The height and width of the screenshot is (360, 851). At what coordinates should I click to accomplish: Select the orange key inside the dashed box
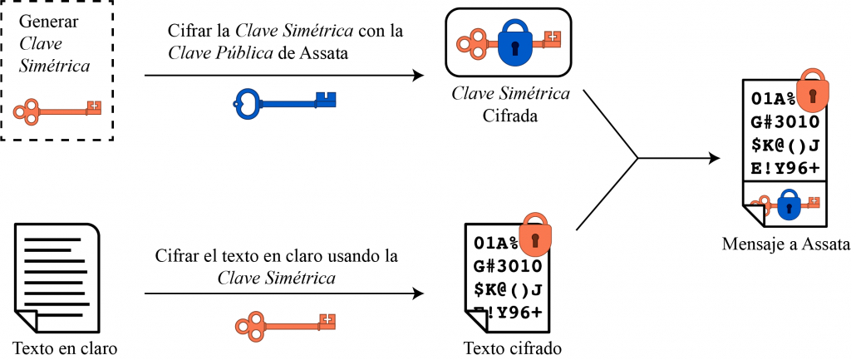(59, 109)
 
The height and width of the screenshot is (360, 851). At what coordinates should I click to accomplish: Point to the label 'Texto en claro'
(66, 347)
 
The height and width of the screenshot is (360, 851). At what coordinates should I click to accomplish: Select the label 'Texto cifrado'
(512, 347)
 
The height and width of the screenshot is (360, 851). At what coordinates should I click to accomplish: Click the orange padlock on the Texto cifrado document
(535, 236)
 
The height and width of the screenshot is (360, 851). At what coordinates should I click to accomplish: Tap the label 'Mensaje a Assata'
(786, 244)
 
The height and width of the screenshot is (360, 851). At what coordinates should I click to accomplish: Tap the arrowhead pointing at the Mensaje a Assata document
(715, 157)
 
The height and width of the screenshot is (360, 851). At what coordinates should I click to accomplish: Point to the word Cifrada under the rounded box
(510, 115)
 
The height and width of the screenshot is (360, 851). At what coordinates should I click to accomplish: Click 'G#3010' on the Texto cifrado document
(508, 267)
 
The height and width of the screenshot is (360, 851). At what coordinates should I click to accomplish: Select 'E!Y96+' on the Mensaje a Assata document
(785, 168)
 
